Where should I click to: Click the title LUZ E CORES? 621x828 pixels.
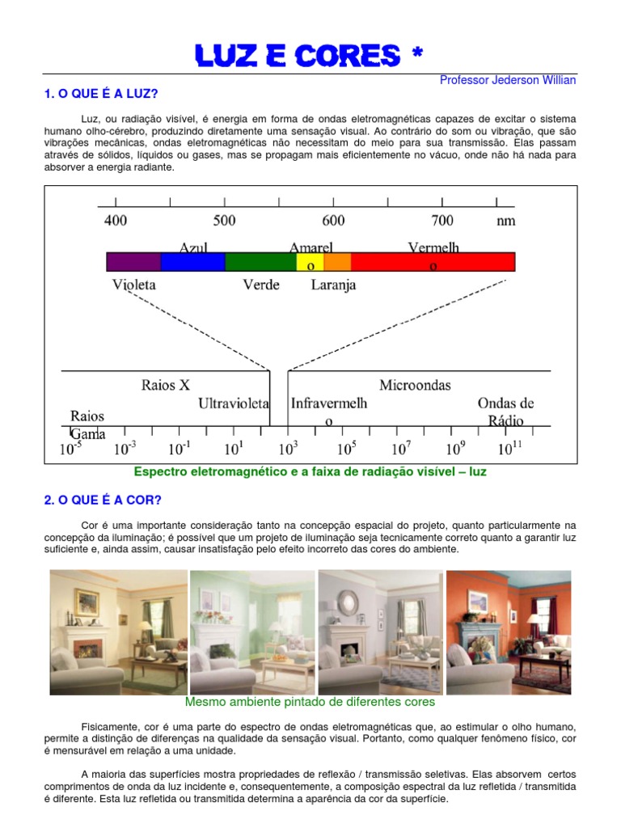coord(310,56)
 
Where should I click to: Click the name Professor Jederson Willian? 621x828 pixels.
coord(508,80)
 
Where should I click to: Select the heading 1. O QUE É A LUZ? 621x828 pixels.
coord(100,95)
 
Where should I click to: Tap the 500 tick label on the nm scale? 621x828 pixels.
coord(224,220)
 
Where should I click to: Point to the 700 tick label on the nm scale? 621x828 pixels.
coord(442,220)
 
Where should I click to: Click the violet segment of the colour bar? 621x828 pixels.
coord(133,261)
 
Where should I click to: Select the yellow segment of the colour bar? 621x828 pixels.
coord(310,261)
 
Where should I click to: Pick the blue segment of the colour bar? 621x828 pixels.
coord(192,261)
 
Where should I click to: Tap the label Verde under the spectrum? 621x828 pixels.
coord(261,285)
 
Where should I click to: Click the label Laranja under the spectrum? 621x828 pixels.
coord(333,285)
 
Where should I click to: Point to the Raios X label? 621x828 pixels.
coord(166,385)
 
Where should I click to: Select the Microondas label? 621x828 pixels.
coord(415,385)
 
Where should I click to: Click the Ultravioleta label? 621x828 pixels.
coord(234,403)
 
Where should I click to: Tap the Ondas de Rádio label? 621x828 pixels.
coord(505,412)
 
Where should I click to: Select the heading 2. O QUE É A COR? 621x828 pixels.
coord(103,500)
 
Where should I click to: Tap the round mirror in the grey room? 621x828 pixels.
coord(349,602)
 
